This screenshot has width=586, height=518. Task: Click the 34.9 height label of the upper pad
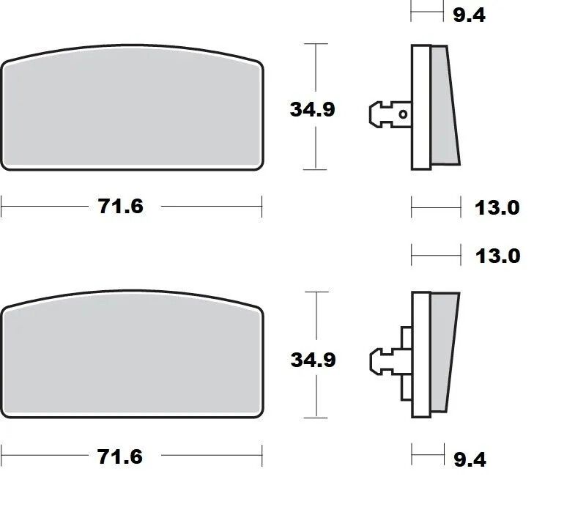(x=313, y=109)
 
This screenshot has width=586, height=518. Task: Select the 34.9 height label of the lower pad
(x=313, y=360)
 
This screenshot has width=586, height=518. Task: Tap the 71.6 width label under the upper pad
(x=121, y=207)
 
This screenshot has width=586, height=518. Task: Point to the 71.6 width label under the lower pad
(x=121, y=456)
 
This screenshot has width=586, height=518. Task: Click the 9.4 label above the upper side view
(x=469, y=14)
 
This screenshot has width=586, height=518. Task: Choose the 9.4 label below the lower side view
(x=469, y=459)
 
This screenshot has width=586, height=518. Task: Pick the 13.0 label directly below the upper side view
(x=497, y=207)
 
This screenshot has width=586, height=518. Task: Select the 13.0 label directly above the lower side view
(x=497, y=256)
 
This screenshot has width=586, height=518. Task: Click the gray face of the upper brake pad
(x=132, y=110)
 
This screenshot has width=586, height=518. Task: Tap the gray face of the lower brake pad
(x=132, y=359)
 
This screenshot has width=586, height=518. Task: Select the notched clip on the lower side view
(x=385, y=359)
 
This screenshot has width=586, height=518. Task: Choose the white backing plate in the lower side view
(x=419, y=355)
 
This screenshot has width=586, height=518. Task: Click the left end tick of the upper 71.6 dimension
(x=1, y=207)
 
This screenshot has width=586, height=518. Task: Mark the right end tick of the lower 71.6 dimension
(x=262, y=456)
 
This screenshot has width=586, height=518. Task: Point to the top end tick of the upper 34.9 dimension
(x=316, y=44)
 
